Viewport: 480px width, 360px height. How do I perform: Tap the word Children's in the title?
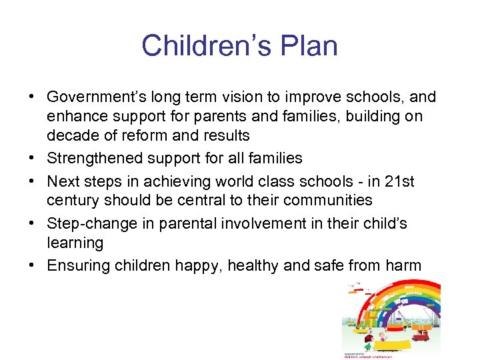coord(202,46)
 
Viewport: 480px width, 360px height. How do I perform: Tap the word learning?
coord(75,242)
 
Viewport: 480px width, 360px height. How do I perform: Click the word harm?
coord(402,266)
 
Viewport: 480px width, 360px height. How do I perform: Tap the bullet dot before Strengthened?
coord(31,158)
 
